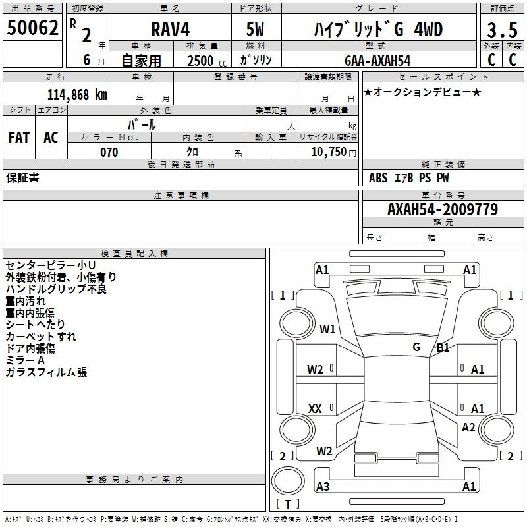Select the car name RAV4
169,30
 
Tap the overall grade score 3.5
501,30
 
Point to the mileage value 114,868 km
77,94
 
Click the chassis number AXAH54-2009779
442,209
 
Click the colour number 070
109,152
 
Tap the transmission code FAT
19,138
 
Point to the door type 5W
255,30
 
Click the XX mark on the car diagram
315,409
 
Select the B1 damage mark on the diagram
443,348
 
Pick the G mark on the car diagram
416,347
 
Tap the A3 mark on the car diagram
323,487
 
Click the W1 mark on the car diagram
327,329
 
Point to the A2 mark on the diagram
468,428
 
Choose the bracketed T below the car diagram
288,505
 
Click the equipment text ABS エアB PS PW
409,178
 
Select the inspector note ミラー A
25,360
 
